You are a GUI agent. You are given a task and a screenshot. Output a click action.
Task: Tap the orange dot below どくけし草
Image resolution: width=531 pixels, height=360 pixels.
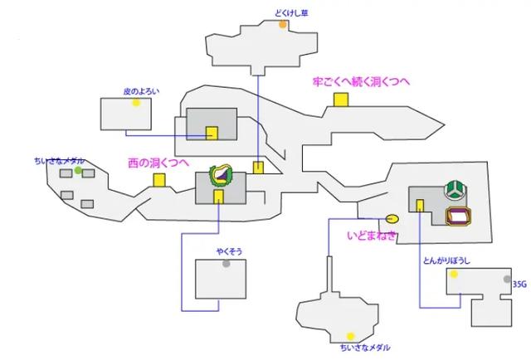(x=283, y=25)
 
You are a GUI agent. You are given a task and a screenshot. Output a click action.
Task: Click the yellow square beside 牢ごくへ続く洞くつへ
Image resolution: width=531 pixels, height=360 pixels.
(x=340, y=100)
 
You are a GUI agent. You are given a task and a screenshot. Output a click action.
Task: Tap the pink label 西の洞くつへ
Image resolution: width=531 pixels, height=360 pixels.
(x=158, y=163)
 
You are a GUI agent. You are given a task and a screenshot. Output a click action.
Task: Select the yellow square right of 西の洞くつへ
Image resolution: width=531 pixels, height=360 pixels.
(x=158, y=179)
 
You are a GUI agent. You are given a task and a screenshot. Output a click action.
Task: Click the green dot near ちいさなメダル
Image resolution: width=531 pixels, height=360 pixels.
(x=78, y=171)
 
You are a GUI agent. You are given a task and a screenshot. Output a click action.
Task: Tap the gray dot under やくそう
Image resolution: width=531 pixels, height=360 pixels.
(x=226, y=264)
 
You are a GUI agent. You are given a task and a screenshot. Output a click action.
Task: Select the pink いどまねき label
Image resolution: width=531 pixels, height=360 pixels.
(x=371, y=236)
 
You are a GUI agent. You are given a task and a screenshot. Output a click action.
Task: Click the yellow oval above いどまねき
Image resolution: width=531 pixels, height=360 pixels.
(x=392, y=219)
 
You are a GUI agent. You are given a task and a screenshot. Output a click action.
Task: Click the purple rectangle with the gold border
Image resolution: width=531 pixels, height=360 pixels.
(x=459, y=217)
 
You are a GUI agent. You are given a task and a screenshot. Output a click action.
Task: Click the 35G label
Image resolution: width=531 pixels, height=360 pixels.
(x=519, y=284)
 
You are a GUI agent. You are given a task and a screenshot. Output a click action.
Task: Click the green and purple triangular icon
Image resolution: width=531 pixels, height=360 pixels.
(x=223, y=174)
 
